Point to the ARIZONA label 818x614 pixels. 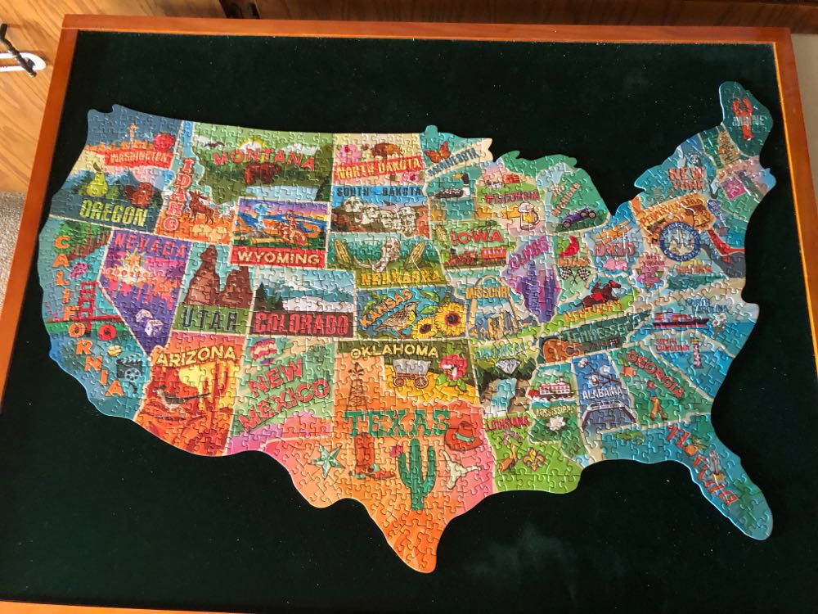pyautogui.click(x=188, y=355)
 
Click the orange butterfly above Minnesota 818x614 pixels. pyautogui.click(x=438, y=150)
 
